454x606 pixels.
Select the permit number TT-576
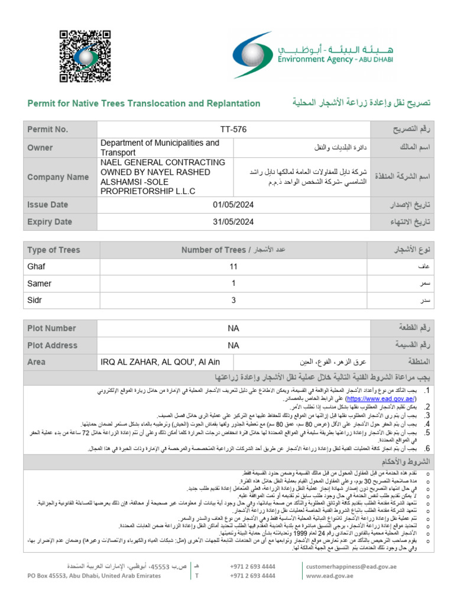point(233,129)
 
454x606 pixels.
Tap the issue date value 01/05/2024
point(233,205)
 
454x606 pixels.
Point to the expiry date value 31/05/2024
point(233,222)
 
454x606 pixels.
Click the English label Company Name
point(58,177)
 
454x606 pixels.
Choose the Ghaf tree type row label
point(37,266)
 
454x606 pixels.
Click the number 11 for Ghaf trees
point(233,266)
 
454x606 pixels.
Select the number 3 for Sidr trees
point(233,300)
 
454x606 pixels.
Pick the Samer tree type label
point(40,283)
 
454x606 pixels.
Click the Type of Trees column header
point(54,250)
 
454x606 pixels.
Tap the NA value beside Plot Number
point(233,328)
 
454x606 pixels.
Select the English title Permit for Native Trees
point(144,104)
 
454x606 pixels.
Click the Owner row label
point(40,148)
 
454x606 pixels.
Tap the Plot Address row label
point(52,345)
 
